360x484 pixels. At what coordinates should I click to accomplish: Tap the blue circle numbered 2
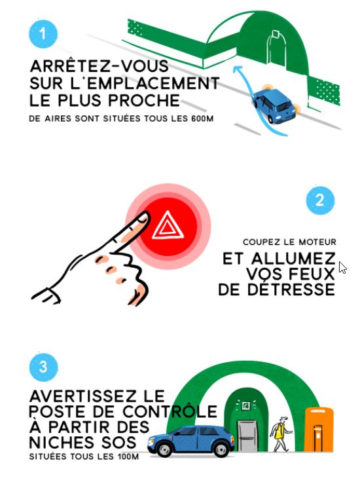[x=319, y=201]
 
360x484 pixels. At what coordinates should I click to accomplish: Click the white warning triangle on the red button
[x=168, y=227]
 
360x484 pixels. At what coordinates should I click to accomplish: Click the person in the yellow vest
[x=280, y=434]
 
